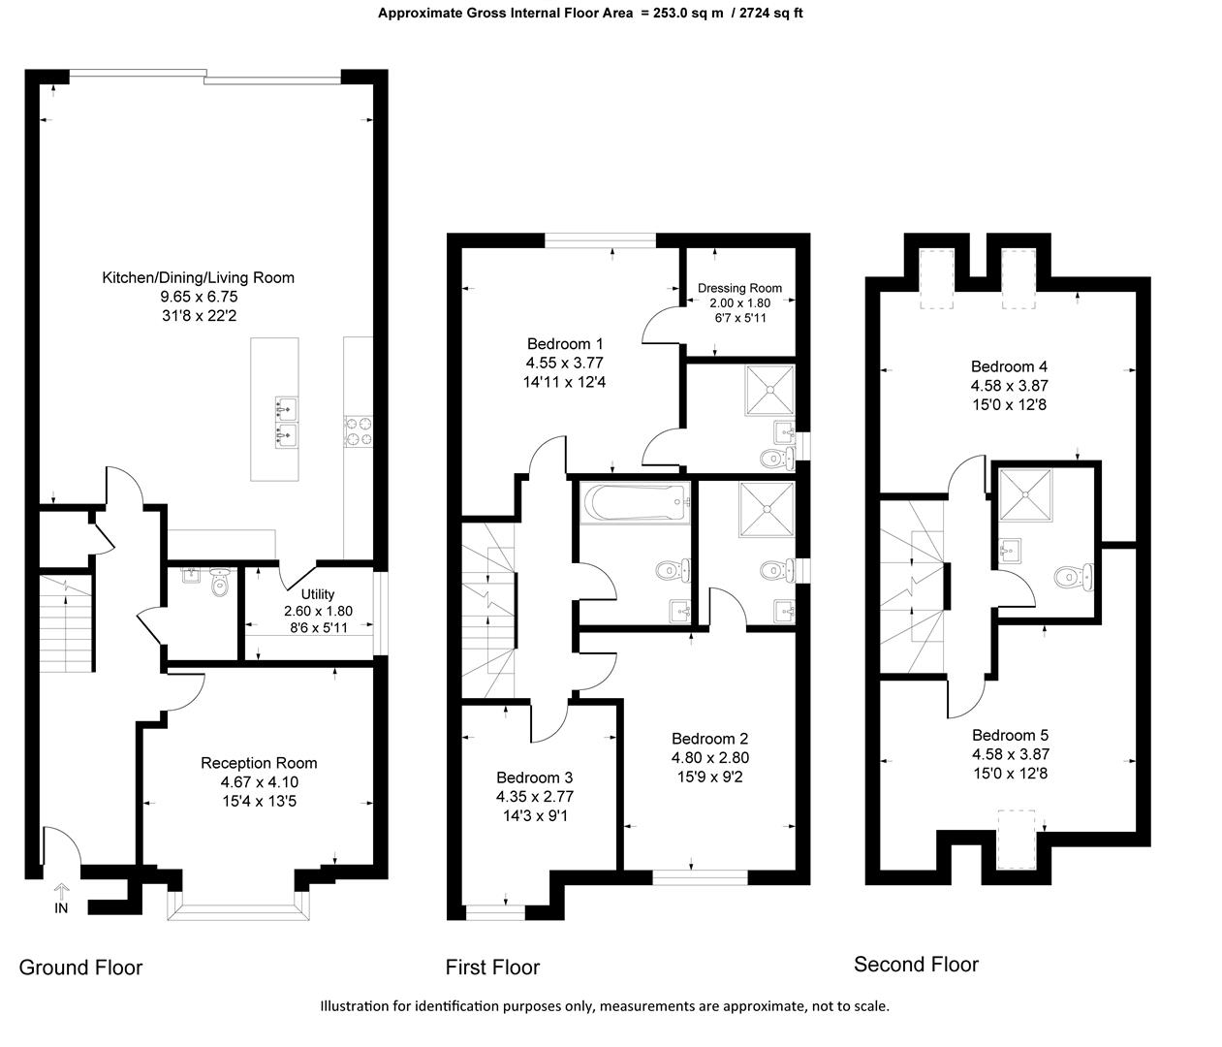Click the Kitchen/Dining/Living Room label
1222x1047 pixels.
click(198, 277)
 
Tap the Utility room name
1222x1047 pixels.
click(318, 594)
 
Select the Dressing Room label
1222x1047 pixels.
click(739, 288)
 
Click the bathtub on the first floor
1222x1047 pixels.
click(635, 503)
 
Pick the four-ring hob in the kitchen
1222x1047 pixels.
click(358, 431)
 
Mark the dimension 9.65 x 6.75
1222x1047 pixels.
click(198, 297)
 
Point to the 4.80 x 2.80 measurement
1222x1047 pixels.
click(709, 758)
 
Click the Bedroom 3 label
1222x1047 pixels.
click(534, 777)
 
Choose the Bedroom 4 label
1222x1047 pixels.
click(1009, 366)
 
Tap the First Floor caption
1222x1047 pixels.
click(492, 967)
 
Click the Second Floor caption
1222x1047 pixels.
click(916, 964)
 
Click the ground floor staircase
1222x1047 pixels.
click(67, 620)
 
